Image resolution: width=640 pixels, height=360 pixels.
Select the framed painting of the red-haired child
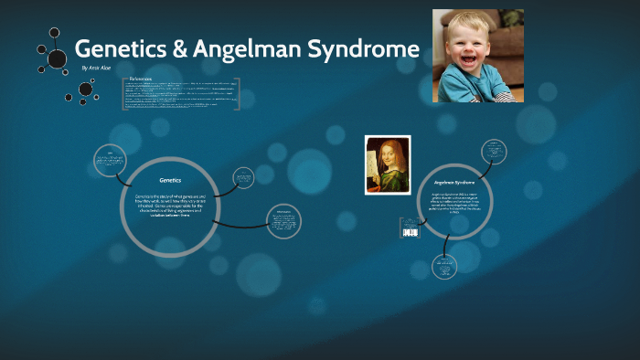coord(387,165)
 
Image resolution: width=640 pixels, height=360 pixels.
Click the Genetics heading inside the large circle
coord(170,180)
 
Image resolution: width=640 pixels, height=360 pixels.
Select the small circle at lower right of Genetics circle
coord(282,219)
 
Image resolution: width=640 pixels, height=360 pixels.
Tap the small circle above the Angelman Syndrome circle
coord(495,153)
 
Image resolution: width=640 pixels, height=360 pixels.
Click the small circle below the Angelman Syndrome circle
coord(445,267)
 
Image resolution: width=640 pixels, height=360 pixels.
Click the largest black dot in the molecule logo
coord(57,58)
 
